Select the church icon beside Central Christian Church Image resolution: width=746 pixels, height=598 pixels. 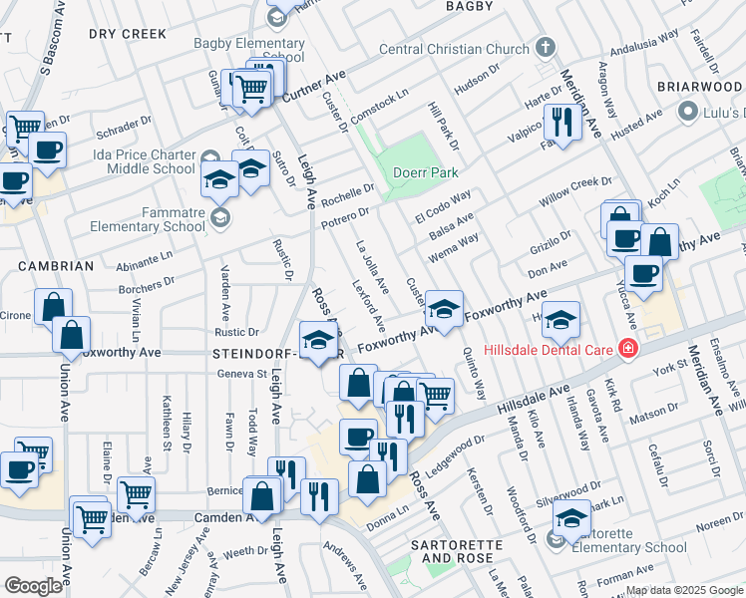(x=545, y=47)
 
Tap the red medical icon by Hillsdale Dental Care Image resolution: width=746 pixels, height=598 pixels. (x=626, y=349)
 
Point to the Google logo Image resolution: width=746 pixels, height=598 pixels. (x=34, y=585)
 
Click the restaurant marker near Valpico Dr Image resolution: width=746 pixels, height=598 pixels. (x=562, y=124)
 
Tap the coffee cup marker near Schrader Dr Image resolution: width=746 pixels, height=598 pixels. (x=47, y=151)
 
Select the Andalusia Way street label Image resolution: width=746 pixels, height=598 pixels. (x=646, y=44)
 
